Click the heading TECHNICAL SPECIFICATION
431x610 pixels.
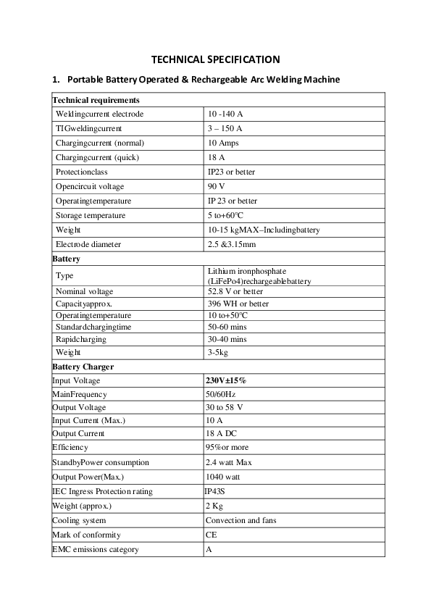215,59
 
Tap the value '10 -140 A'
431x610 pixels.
225,114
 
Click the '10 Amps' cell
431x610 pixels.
223,143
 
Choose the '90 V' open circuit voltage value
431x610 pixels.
216,187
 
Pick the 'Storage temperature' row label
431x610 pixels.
91,216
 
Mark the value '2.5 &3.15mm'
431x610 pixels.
232,245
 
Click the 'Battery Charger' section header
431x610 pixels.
83,367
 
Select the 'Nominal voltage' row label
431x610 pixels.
84,291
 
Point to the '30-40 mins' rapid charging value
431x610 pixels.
227,339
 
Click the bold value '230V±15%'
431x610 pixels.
226,380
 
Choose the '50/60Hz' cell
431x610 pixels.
221,394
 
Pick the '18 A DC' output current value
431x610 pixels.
222,433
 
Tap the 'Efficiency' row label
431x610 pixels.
70,448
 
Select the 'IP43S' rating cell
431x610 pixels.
216,491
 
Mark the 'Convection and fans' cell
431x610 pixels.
240,520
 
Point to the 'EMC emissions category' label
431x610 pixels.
96,549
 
